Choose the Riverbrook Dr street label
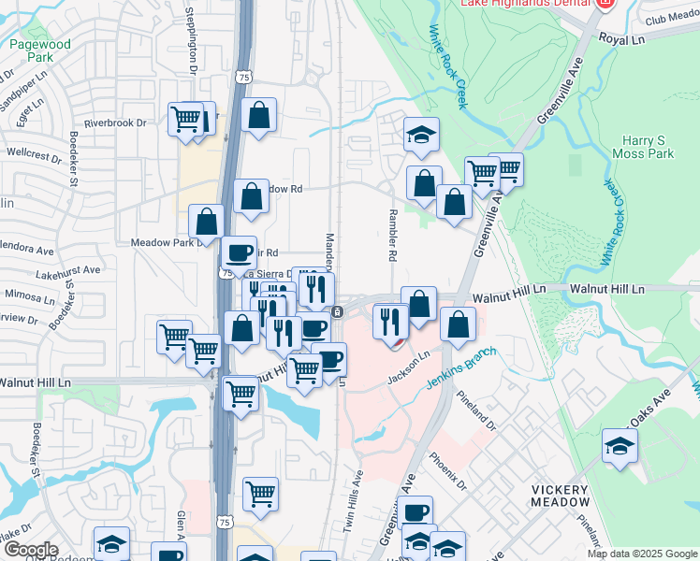pyautogui.click(x=115, y=122)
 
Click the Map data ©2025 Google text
pyautogui.click(x=642, y=554)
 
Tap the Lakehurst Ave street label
pyautogui.click(x=68, y=270)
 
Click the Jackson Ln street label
pyautogui.click(x=409, y=367)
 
